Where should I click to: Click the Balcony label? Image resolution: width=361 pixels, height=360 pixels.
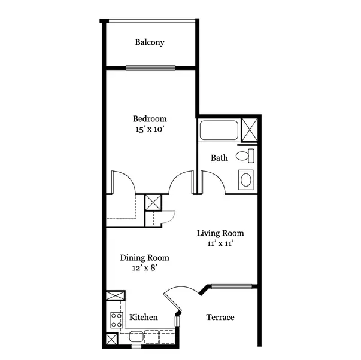(x=150, y=42)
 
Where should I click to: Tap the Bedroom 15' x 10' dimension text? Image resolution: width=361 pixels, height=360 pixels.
(x=150, y=129)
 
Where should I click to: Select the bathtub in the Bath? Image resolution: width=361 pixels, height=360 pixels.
(x=219, y=130)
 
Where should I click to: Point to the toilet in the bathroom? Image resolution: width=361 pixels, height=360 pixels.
(x=245, y=155)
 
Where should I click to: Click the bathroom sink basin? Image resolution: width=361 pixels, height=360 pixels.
(x=246, y=180)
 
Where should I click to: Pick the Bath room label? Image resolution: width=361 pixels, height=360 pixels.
(x=219, y=158)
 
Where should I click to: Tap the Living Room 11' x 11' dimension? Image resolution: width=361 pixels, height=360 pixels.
(x=220, y=243)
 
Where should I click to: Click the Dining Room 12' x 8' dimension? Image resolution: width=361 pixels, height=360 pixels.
(x=145, y=268)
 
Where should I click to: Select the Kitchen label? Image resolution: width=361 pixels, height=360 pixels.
(x=144, y=317)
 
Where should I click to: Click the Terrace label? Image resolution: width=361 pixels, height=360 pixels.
(x=220, y=317)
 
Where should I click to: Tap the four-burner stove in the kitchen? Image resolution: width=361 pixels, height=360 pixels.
(x=116, y=320)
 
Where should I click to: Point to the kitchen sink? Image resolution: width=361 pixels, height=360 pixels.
(x=136, y=336)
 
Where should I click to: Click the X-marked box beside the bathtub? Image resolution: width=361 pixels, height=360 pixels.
(x=250, y=130)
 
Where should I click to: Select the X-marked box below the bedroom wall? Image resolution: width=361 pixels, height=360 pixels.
(x=153, y=203)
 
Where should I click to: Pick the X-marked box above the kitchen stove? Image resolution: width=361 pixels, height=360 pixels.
(x=116, y=295)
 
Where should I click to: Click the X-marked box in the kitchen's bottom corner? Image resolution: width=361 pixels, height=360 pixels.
(x=111, y=339)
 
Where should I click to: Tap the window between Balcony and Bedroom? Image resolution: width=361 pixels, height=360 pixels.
(x=151, y=68)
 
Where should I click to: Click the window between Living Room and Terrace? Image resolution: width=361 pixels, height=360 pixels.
(x=232, y=286)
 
